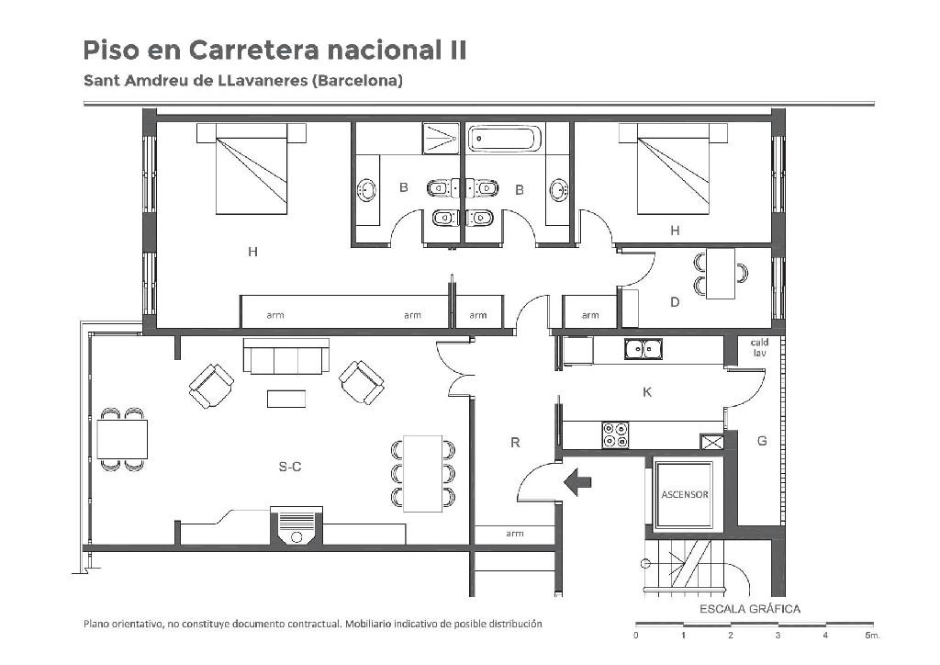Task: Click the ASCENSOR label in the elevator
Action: (x=685, y=495)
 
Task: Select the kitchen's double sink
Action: (x=643, y=349)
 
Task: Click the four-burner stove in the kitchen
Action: (x=615, y=434)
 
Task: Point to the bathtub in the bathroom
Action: (x=505, y=139)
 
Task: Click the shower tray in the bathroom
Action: (x=441, y=139)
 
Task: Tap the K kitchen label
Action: (x=647, y=392)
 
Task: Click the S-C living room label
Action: (x=290, y=467)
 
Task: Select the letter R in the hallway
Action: (x=515, y=443)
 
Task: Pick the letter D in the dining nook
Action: (x=675, y=302)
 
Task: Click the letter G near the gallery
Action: (x=762, y=441)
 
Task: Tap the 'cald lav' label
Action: (x=759, y=348)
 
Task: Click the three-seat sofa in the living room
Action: (x=286, y=355)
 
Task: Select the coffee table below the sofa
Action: (x=286, y=399)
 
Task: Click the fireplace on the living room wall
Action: (x=297, y=526)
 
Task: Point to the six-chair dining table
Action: (x=422, y=474)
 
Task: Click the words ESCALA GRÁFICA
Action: (x=750, y=609)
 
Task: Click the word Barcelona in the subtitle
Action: (x=357, y=80)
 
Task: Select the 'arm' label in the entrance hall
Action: (x=514, y=534)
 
